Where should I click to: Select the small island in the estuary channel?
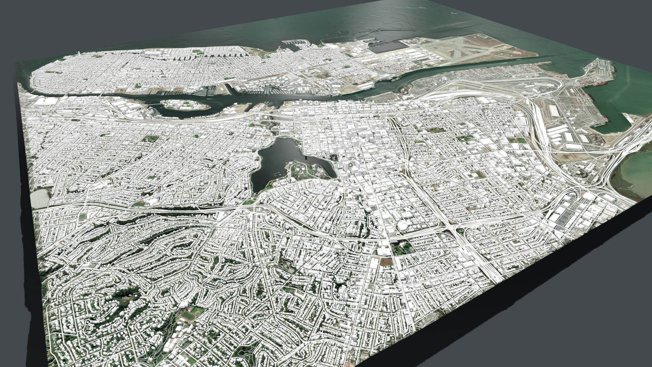click(185, 105)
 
